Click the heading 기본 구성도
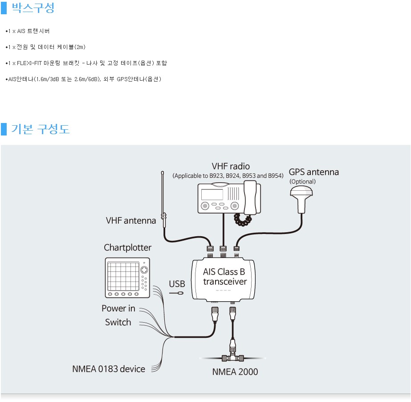(x=41, y=129)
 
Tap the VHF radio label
(x=231, y=167)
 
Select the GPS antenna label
(x=313, y=172)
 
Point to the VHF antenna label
(x=131, y=220)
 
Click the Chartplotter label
(x=127, y=247)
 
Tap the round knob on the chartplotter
(x=144, y=271)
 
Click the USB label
(x=177, y=284)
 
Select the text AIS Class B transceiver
(x=224, y=276)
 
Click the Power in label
(x=118, y=308)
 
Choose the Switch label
(x=118, y=322)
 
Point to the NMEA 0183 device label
(x=109, y=369)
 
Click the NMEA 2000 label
(x=235, y=372)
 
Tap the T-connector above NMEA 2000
(x=232, y=357)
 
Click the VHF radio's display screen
(x=212, y=195)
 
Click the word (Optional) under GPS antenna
(x=302, y=181)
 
